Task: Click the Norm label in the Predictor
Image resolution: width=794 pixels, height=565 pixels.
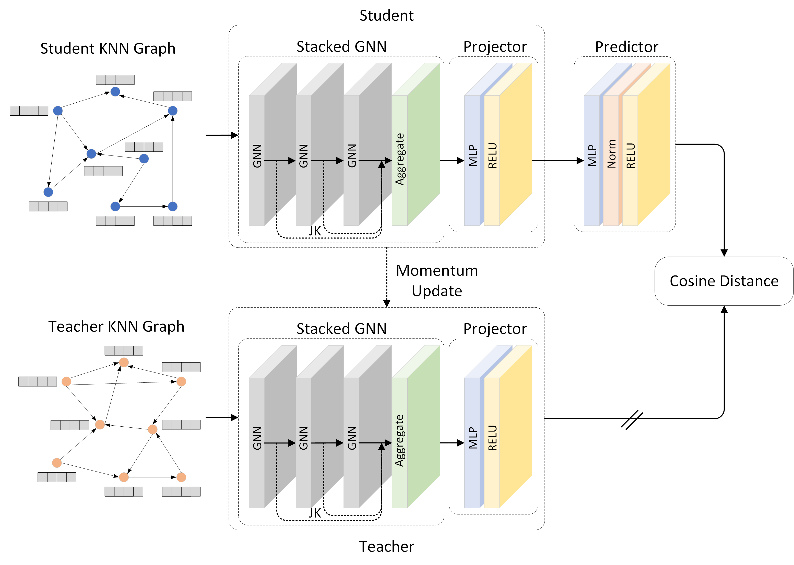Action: [x=611, y=154]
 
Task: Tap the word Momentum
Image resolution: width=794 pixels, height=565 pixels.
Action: [x=437, y=271]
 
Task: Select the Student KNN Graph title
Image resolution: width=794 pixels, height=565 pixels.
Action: [x=108, y=48]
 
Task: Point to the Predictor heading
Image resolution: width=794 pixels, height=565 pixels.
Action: [x=626, y=47]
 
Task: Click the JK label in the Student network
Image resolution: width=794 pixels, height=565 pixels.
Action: [x=315, y=231]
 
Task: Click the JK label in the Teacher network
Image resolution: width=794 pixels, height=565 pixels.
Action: [x=315, y=513]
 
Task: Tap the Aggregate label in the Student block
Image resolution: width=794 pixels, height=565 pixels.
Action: [x=400, y=159]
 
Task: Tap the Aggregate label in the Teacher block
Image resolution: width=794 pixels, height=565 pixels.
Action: [x=400, y=440]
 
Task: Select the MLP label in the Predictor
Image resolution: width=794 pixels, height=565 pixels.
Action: [x=592, y=156]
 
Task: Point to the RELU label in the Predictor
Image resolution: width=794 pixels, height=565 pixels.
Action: [x=631, y=156]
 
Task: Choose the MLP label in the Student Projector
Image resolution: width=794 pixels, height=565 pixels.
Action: [x=472, y=156]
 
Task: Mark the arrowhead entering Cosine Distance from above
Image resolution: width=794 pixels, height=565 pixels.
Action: [x=724, y=253]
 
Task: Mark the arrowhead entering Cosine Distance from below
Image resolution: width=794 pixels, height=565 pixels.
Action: [x=724, y=309]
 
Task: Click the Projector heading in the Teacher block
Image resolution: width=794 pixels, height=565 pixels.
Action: [x=495, y=329]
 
